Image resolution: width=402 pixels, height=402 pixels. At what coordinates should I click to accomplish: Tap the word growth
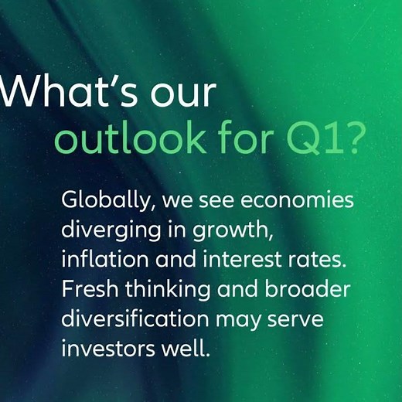(241, 230)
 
